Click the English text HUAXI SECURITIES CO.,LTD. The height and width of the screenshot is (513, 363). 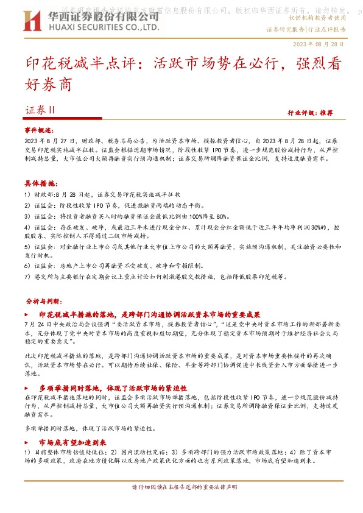(102, 28)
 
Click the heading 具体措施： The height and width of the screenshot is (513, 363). (40, 183)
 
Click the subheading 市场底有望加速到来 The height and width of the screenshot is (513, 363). (72, 442)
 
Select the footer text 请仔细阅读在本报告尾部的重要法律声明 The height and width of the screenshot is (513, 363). (181, 487)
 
